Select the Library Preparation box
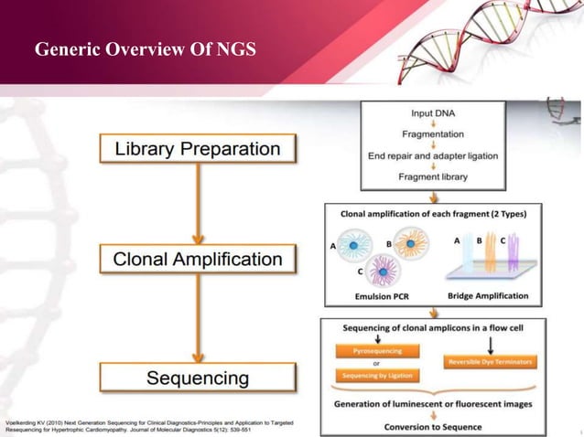click(197, 148)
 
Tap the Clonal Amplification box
click(197, 259)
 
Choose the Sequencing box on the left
click(197, 378)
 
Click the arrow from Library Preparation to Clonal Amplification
click(197, 203)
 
